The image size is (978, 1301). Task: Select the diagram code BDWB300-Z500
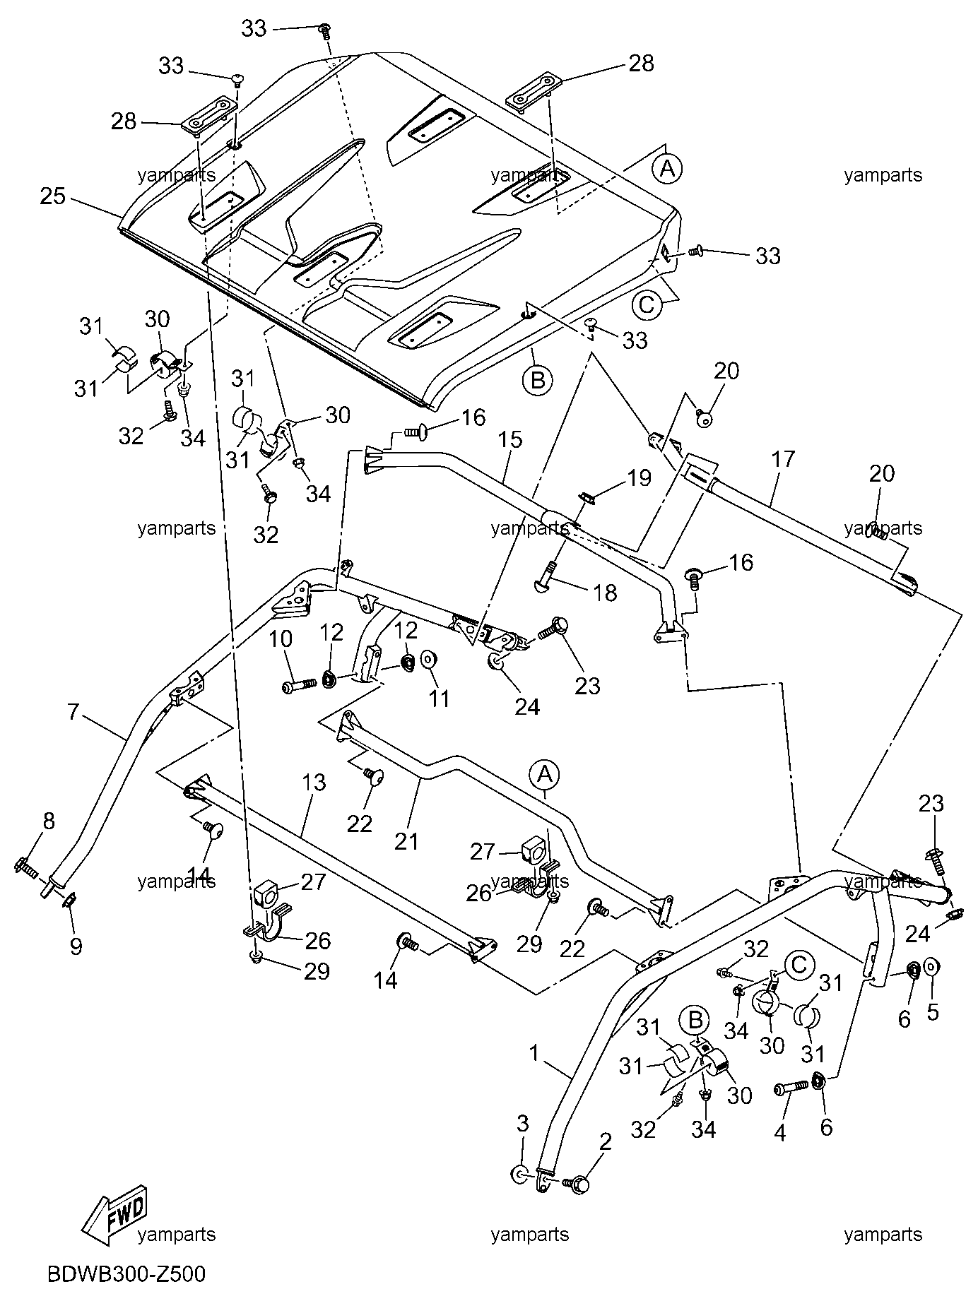point(126,1274)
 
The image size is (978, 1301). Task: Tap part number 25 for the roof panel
point(52,196)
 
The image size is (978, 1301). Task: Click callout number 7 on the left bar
point(73,711)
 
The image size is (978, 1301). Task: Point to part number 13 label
point(314,782)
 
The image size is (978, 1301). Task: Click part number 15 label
point(509,439)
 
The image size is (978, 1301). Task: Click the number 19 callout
point(639,478)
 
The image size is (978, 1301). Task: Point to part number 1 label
point(534,1054)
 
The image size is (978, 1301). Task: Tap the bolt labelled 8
point(25,867)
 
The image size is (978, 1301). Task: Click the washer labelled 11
point(428,660)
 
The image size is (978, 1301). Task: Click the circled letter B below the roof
point(537,380)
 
